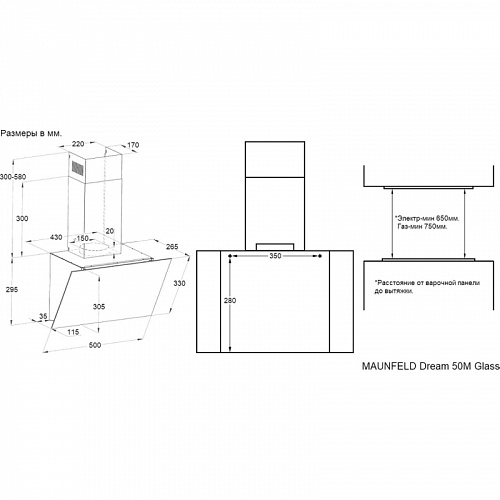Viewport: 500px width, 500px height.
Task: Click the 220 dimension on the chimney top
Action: point(78,144)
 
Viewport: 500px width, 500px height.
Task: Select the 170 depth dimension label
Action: point(133,145)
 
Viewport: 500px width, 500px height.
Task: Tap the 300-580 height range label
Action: point(13,177)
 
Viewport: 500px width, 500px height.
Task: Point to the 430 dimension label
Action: point(56,237)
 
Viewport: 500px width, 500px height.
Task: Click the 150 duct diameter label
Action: point(82,238)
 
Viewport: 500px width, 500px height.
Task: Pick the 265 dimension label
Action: point(172,247)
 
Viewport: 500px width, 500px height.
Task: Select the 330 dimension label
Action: point(179,283)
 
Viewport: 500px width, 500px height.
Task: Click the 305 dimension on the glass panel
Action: point(99,306)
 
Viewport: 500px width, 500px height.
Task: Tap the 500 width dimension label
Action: point(95,345)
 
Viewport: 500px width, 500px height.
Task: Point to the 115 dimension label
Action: point(73,332)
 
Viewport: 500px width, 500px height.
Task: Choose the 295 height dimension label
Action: point(12,289)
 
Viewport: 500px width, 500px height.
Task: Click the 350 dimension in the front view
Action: point(275,256)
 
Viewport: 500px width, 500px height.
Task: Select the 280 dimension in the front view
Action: point(230,300)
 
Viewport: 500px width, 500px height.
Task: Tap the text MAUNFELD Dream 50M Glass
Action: point(431,366)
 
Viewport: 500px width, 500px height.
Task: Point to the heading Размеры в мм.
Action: point(31,134)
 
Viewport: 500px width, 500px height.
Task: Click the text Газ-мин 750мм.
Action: point(422,227)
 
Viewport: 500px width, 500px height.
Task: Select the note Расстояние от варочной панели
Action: point(427,283)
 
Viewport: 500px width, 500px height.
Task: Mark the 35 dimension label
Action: point(43,316)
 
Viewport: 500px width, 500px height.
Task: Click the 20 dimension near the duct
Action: point(110,231)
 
